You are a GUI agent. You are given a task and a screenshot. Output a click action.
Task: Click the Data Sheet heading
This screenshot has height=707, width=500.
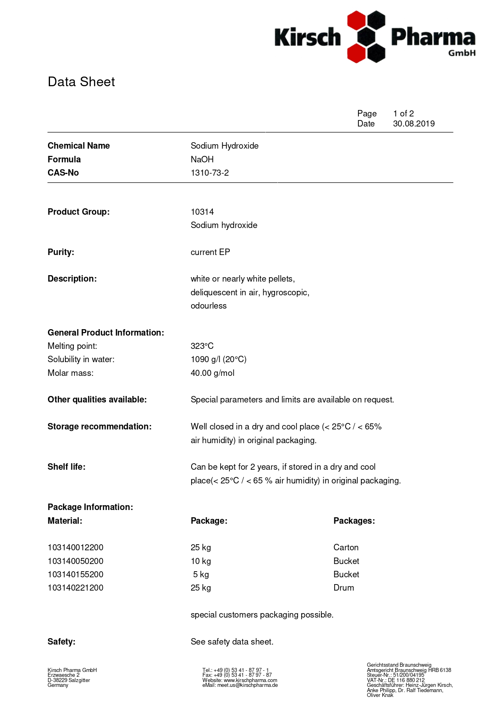(x=81, y=82)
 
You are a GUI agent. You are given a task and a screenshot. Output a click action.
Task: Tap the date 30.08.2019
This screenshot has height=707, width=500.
(x=414, y=124)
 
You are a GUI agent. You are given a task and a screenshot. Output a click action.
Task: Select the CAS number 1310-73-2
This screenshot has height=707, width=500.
(x=210, y=173)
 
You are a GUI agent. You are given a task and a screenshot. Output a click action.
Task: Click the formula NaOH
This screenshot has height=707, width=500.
(x=202, y=160)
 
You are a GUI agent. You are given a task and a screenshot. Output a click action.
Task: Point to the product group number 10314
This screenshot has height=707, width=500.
(x=202, y=212)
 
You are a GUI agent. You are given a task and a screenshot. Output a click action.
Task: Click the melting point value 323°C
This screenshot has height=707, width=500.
(x=202, y=346)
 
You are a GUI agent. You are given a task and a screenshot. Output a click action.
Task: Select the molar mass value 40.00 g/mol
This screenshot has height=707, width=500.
(x=212, y=373)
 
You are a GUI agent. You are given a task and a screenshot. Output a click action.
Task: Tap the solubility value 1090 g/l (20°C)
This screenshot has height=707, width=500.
(x=219, y=359)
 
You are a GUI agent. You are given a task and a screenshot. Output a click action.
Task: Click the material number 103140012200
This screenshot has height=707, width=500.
(x=75, y=547)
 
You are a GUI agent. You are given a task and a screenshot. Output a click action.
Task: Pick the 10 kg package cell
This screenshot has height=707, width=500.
(x=201, y=561)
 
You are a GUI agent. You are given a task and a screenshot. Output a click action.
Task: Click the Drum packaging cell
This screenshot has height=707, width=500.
(x=344, y=588)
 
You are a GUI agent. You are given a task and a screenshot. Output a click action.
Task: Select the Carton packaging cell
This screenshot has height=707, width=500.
(x=346, y=547)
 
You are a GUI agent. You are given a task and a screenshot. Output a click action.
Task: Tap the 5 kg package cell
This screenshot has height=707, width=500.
(x=201, y=574)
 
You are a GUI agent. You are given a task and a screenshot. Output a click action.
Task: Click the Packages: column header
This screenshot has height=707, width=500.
(x=354, y=521)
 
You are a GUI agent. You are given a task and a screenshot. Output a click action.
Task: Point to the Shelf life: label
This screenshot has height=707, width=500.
(x=67, y=467)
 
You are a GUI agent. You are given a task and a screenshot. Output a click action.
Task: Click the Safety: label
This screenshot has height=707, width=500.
(x=61, y=642)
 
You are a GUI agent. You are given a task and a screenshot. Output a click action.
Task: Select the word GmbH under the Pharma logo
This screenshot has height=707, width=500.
(x=462, y=53)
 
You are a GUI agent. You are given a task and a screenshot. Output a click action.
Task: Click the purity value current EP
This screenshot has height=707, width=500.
(x=210, y=252)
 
